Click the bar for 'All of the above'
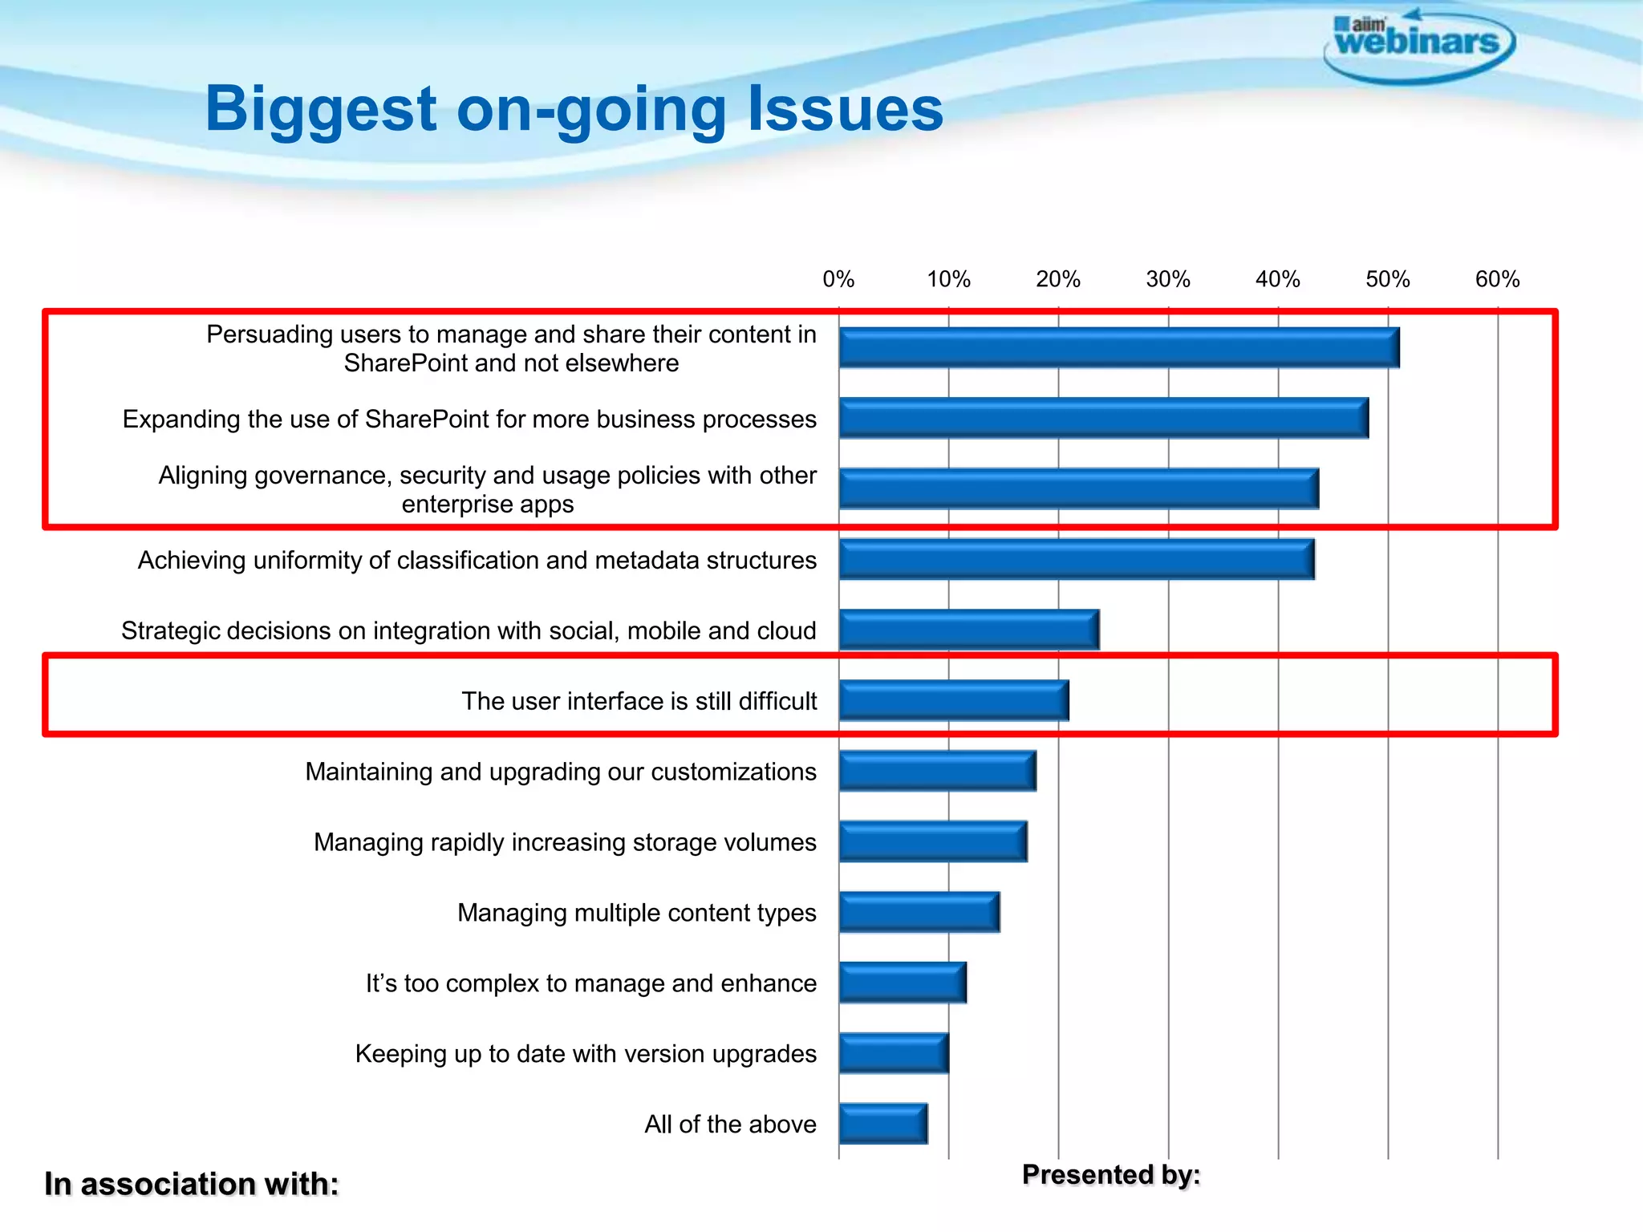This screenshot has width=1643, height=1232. click(x=883, y=1123)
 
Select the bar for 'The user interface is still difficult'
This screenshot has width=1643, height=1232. click(x=954, y=700)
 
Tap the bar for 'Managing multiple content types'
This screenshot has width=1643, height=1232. click(x=919, y=912)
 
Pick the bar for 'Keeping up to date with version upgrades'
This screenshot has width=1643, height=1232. click(x=894, y=1053)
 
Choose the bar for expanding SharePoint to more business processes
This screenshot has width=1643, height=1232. click(x=1104, y=418)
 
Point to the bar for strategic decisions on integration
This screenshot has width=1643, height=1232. click(x=969, y=630)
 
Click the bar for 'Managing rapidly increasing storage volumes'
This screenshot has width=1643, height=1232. click(x=933, y=841)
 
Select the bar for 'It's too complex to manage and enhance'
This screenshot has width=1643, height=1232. click(x=903, y=983)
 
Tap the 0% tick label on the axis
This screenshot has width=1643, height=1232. click(x=838, y=279)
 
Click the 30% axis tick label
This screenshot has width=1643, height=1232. click(x=1168, y=279)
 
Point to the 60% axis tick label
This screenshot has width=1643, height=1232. click(x=1497, y=279)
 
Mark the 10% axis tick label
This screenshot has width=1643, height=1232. click(x=948, y=279)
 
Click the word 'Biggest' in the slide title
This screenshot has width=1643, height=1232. click(x=321, y=110)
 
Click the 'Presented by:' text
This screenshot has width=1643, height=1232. click(x=1111, y=1174)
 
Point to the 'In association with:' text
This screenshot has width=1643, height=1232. click(x=192, y=1184)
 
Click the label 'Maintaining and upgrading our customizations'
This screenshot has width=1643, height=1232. click(x=561, y=772)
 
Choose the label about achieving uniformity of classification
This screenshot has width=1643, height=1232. click(x=477, y=560)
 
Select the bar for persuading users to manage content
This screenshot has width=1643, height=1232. click(x=1119, y=347)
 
